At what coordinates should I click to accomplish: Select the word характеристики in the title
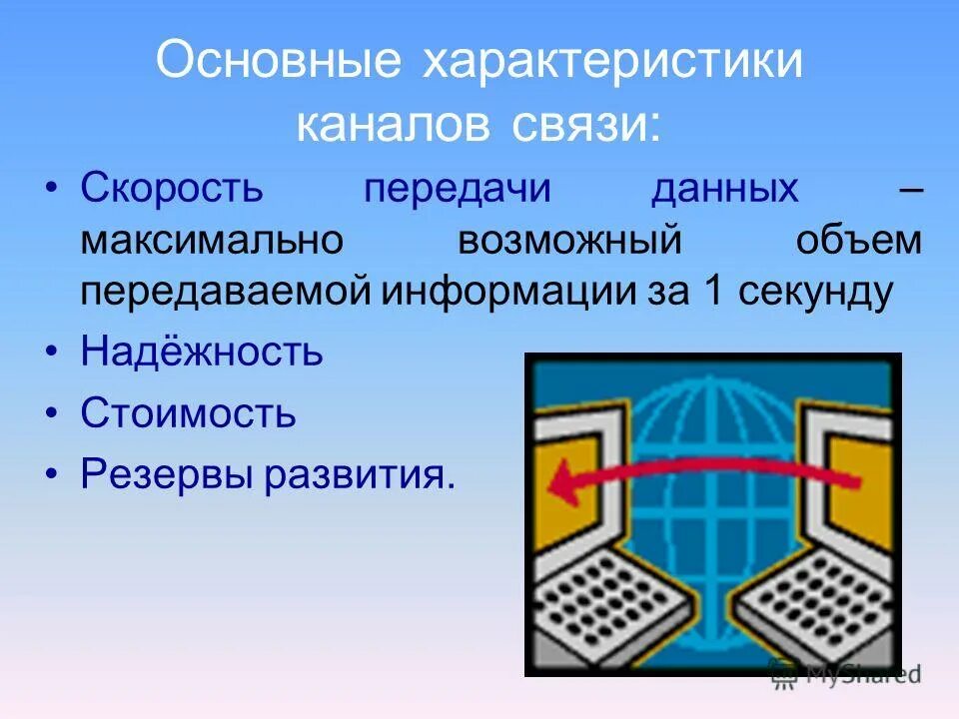click(x=613, y=62)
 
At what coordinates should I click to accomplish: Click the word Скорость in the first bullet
click(x=171, y=188)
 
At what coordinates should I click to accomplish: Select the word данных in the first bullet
click(x=725, y=188)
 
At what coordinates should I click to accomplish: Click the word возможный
click(x=570, y=241)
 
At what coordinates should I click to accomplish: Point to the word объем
click(x=860, y=241)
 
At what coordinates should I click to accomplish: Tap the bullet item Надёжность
click(x=202, y=351)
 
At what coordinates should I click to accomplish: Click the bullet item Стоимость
click(x=189, y=411)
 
